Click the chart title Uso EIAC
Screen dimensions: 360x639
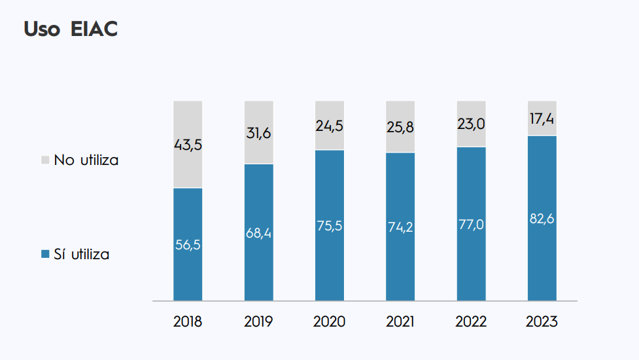coord(71,29)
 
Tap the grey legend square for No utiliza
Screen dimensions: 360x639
coord(45,160)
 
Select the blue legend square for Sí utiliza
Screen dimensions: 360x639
coord(45,255)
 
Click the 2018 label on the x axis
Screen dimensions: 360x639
coord(188,322)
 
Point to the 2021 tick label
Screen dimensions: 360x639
coord(400,322)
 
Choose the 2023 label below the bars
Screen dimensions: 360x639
coord(542,322)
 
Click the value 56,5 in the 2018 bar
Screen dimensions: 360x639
coord(188,245)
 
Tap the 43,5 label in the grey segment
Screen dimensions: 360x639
coord(188,145)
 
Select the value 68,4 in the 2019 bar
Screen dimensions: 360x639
coord(258,232)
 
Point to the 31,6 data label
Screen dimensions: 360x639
coord(258,133)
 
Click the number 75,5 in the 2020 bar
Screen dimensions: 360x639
coord(329,226)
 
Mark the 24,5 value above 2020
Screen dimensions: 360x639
coord(329,126)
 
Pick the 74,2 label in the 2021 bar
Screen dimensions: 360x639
coord(400,227)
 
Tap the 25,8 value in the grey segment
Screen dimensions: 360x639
coord(400,127)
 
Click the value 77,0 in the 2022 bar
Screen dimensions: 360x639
coord(471,225)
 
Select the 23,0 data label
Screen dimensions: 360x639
coord(471,124)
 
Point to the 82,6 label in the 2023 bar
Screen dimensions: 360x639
coord(542,219)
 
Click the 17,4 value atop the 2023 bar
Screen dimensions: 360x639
coord(542,118)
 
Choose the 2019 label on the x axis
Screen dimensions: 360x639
coord(258,322)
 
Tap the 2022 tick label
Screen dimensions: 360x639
coord(471,322)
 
